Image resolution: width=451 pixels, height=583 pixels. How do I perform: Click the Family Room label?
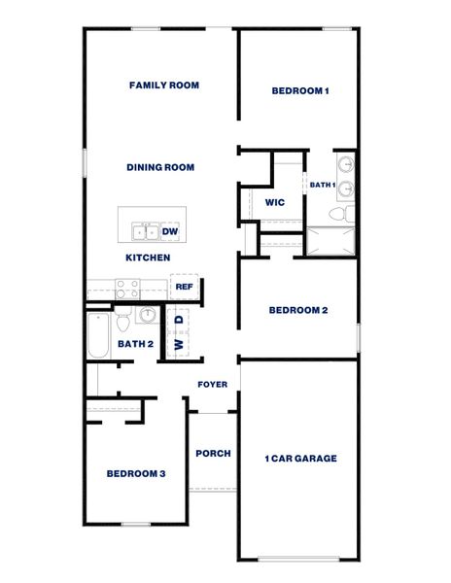click(164, 86)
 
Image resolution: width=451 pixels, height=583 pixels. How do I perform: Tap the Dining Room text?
click(160, 167)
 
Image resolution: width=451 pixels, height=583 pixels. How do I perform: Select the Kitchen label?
click(148, 257)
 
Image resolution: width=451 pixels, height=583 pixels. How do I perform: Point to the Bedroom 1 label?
click(300, 91)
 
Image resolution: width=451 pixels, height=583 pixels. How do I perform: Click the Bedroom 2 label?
click(298, 310)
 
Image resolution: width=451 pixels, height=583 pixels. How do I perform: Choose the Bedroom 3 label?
click(136, 473)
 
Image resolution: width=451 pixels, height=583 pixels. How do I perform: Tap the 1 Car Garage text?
click(300, 458)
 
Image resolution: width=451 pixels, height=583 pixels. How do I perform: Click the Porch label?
click(213, 453)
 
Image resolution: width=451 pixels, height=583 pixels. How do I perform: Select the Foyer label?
click(213, 384)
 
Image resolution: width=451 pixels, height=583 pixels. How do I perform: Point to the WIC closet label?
click(274, 202)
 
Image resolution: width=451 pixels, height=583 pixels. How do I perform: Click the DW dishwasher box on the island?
click(170, 231)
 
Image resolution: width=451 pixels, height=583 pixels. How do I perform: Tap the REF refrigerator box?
click(185, 287)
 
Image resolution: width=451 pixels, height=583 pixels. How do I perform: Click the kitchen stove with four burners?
click(127, 288)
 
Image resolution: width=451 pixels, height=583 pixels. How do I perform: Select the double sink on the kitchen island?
click(146, 231)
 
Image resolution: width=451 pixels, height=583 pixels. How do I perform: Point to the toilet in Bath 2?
click(123, 320)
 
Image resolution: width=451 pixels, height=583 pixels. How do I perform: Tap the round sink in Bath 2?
click(147, 315)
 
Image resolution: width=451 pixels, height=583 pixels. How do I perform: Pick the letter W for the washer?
click(179, 344)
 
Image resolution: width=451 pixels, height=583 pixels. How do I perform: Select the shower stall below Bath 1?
click(331, 241)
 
